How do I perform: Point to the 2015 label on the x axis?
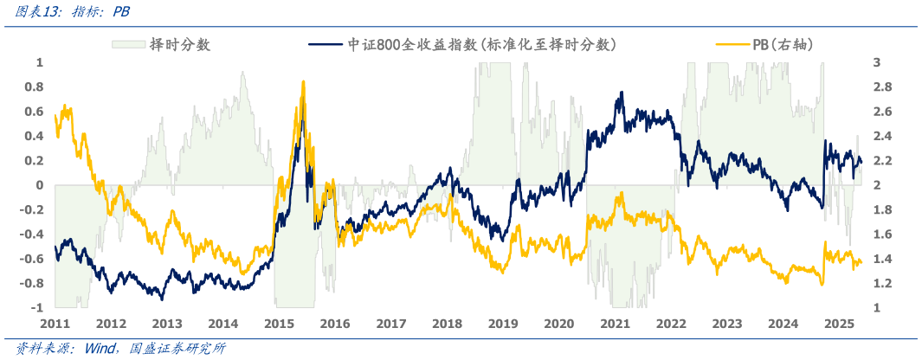coord(280,324)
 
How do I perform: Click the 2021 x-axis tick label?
coord(616,324)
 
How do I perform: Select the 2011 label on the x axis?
coord(55,324)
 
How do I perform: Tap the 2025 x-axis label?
coord(840,324)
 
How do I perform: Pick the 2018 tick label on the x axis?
coord(448,324)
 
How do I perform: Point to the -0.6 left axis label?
coord(33,259)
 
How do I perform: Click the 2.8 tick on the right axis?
coord(880,87)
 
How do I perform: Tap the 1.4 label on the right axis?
coord(880,259)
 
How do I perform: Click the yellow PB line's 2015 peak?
coord(303,81)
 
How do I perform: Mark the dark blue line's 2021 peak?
coord(621,93)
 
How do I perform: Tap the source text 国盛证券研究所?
coord(177,349)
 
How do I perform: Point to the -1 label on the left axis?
coord(37,308)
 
